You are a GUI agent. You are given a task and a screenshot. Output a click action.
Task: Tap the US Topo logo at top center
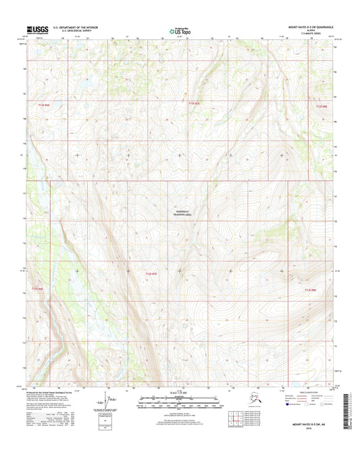(x=180, y=30)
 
